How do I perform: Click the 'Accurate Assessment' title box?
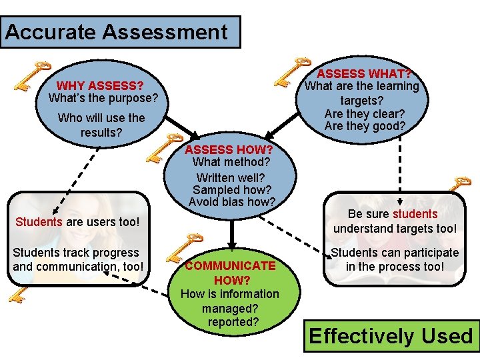120,32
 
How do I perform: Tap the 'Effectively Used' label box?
391,336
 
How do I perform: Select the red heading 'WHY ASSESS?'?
100,86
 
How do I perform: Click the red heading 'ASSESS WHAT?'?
364,73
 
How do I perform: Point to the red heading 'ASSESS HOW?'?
229,149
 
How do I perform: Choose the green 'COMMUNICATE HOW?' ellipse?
231,294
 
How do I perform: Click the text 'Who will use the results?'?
101,125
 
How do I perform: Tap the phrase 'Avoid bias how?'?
232,201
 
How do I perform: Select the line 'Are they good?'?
365,126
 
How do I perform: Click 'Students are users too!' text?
77,221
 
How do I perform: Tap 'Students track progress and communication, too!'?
76,259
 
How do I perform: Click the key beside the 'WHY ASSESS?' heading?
32,76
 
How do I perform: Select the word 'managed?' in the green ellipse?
230,308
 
